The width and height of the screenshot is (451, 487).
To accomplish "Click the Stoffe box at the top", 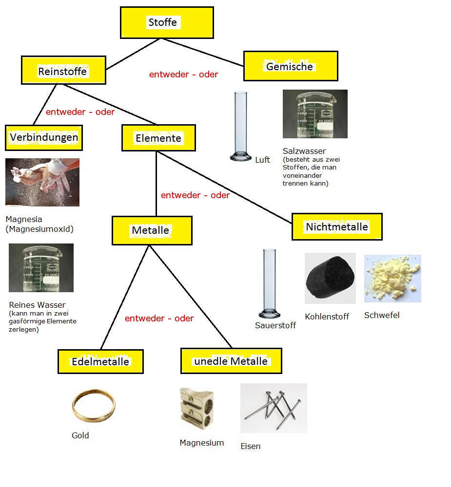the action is pos(167,23).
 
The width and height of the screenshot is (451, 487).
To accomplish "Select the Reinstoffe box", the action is pos(63,70).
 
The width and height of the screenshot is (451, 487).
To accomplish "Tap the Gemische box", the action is pos(291,66).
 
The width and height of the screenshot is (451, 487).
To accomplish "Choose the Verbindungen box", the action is pos(44,138).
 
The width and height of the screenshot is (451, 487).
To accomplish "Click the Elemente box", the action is pos(158,138).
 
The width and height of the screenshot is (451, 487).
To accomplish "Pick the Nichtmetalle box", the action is pos(337,227).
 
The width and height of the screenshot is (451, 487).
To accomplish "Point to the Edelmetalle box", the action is pos(100,361).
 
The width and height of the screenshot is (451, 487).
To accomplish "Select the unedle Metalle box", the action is pos(231,361).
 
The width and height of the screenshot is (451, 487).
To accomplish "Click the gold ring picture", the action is pos(94,406).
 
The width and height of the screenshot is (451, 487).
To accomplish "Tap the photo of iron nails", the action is pos(274,408).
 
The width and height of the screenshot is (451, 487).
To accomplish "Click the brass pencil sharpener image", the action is pos(197,409).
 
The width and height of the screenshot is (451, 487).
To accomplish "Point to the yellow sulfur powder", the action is pos(392,279).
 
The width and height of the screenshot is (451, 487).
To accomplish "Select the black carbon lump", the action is pos(330,278).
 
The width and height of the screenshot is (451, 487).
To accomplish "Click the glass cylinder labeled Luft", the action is pos(240,126).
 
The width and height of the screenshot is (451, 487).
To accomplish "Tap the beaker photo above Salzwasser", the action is pos(315,114).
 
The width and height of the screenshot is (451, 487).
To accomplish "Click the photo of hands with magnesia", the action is pos(42,182).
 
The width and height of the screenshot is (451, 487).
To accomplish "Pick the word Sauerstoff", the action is pos(275,325).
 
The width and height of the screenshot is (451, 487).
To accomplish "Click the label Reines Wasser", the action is pos(38,305).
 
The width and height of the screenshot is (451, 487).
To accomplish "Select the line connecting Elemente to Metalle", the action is pos(156,184).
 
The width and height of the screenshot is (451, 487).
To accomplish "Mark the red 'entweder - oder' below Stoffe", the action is pos(183,75).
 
